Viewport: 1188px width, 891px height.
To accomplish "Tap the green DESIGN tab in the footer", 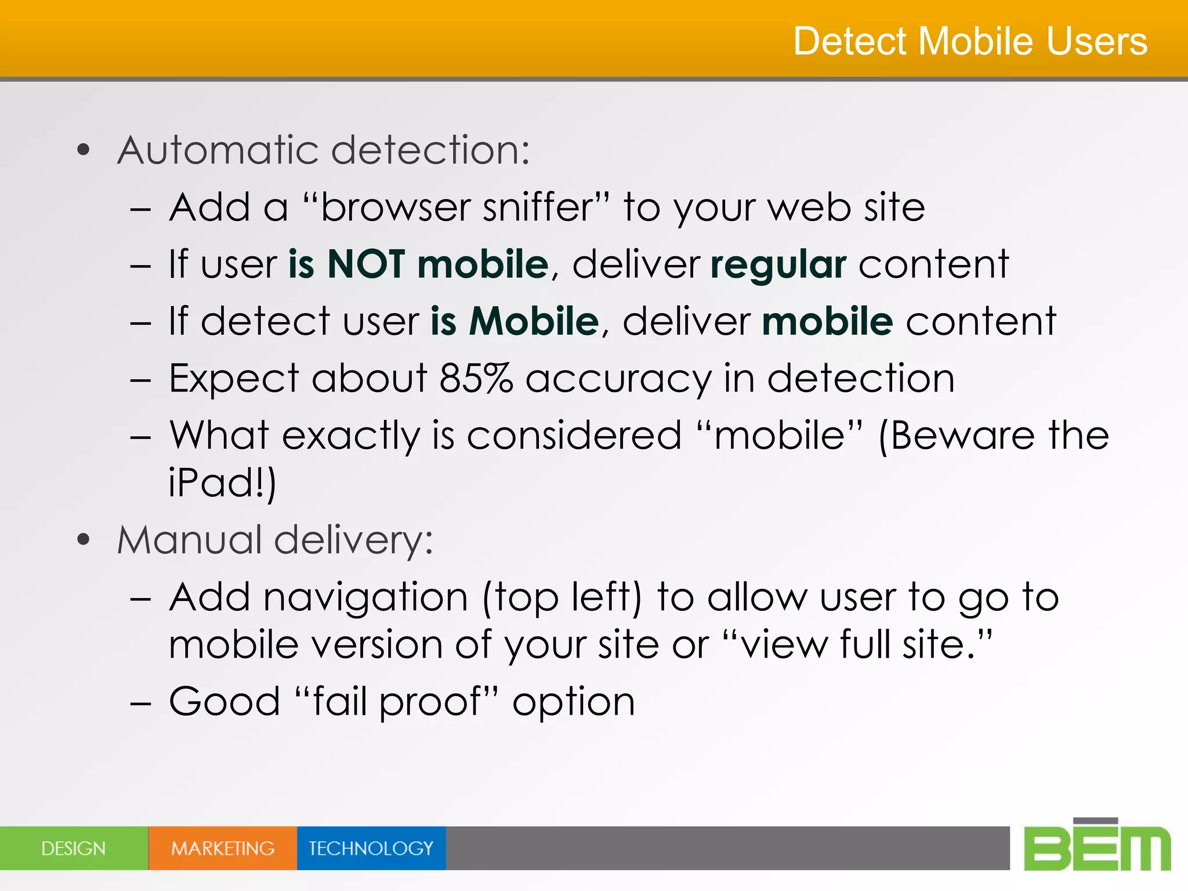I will point(74,848).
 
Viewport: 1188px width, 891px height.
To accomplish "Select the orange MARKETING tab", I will point(223,848).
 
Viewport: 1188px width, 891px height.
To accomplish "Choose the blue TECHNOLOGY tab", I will point(371,848).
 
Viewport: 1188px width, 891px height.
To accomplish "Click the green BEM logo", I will point(1097,846).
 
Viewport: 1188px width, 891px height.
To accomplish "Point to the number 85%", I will point(476,378).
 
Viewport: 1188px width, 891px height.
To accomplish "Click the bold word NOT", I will point(365,264).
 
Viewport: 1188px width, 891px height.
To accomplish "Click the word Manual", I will point(189,539).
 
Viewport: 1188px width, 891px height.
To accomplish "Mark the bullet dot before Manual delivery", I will point(84,540).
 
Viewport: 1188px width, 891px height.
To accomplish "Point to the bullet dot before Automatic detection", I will point(84,150).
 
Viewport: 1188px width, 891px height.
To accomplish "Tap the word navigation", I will point(366,597).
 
